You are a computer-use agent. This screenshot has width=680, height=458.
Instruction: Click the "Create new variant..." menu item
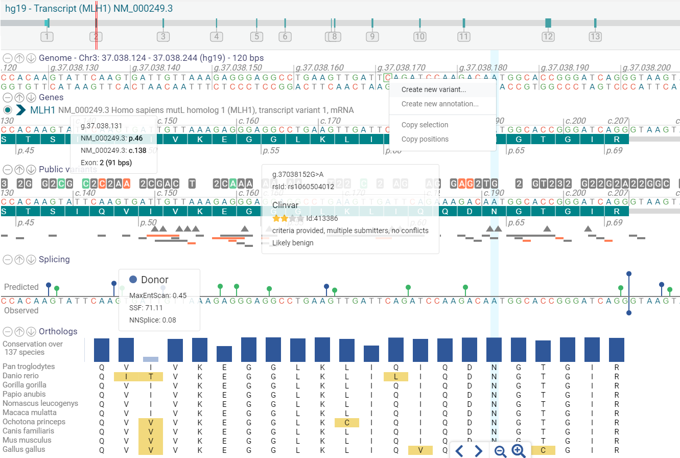point(433,89)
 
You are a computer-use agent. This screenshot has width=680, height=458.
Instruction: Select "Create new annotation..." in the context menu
point(439,104)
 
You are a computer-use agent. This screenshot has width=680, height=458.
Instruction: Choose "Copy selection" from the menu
point(425,125)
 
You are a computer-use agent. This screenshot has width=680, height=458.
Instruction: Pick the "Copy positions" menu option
point(425,139)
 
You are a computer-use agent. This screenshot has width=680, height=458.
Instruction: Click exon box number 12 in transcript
point(548,36)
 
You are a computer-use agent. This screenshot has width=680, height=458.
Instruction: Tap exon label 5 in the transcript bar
point(256,36)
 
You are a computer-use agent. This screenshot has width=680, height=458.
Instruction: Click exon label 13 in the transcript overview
point(595,36)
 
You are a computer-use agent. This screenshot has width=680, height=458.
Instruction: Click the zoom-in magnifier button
point(519,450)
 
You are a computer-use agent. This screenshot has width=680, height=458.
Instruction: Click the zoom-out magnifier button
point(501,450)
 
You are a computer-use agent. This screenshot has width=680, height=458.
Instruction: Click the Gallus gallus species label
point(24,449)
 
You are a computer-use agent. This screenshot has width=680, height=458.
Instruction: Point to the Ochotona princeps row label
point(34,422)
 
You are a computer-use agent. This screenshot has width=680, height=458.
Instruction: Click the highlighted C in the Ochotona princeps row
point(347,422)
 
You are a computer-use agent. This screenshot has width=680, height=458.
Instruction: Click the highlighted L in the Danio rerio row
point(396,376)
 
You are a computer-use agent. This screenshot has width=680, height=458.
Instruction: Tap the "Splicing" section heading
point(54,259)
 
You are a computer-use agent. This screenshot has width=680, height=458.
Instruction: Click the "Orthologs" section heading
point(58,331)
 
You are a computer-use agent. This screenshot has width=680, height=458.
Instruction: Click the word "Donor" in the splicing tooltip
point(154,280)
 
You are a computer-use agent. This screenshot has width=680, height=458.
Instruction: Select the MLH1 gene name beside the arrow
point(42,110)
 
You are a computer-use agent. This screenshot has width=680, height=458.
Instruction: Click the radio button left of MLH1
point(7,110)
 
